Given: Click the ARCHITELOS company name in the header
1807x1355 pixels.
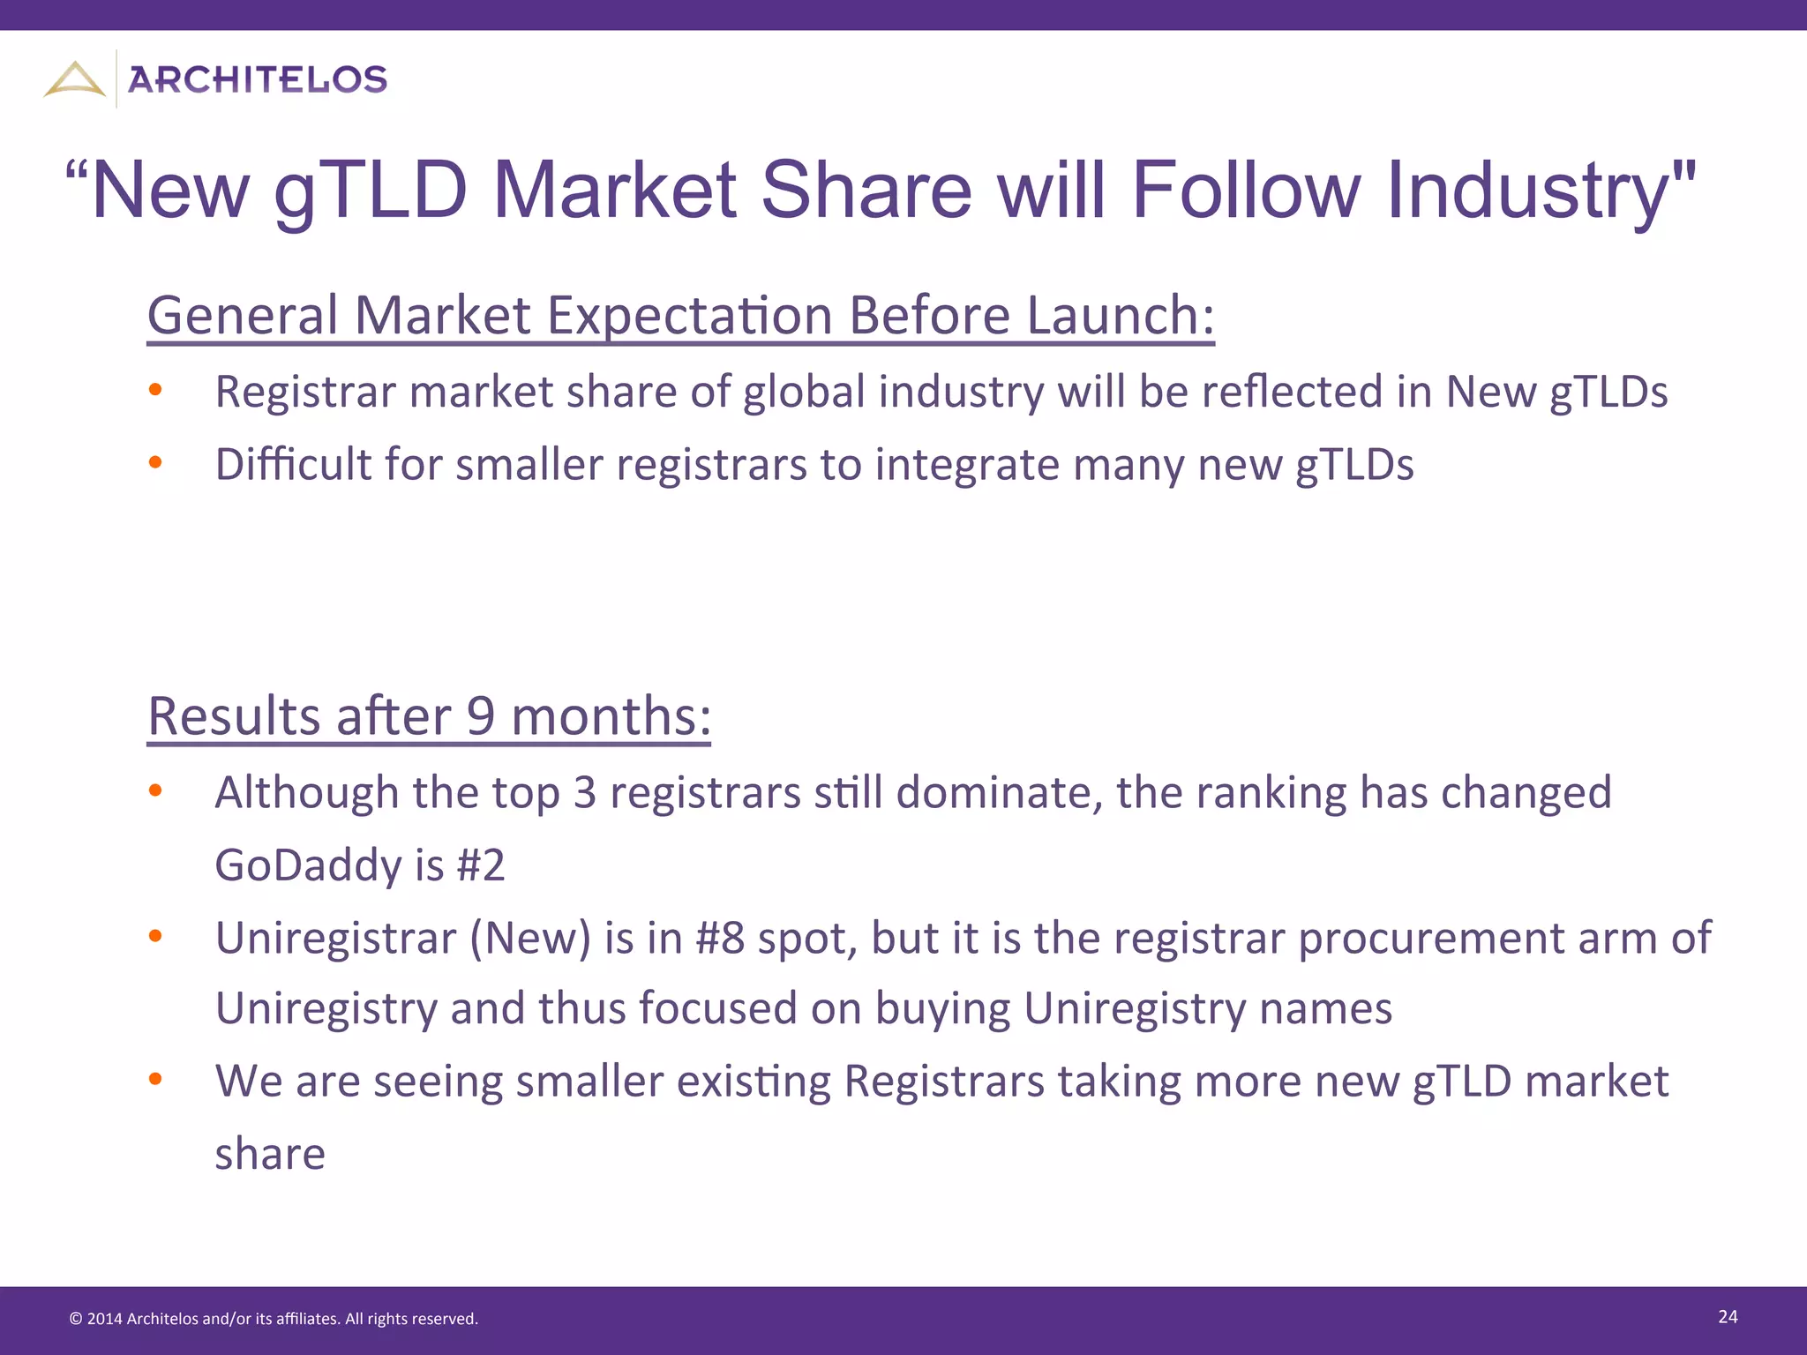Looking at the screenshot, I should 257,79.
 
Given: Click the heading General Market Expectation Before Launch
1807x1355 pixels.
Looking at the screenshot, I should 680,315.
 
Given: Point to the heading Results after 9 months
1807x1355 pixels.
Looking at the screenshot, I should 429,715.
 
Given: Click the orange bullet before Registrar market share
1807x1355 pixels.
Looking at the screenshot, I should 155,390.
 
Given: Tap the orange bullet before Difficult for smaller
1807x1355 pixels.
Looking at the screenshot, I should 155,462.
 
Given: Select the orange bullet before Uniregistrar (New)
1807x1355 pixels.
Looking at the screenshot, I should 155,936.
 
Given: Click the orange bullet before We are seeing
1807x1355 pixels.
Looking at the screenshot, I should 155,1079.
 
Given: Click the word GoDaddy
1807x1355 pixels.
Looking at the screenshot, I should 308,865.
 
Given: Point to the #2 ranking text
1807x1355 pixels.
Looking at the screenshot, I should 480,865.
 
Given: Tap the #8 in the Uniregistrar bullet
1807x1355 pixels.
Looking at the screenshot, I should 719,937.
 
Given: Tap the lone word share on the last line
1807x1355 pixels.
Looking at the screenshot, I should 270,1154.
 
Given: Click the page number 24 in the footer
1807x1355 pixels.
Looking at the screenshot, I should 1728,1316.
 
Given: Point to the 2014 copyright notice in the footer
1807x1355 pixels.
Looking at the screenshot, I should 273,1319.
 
